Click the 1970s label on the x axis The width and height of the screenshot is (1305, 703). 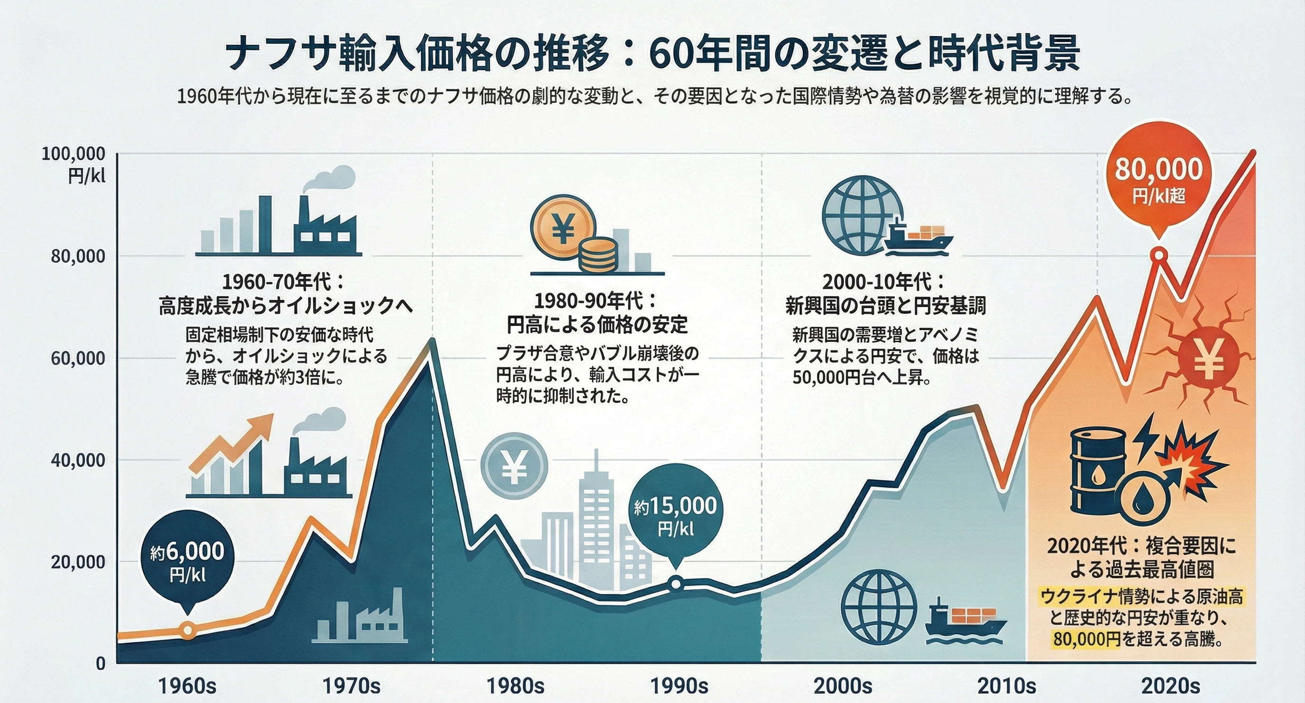[x=351, y=686]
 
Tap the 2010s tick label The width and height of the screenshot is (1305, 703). [x=1006, y=686]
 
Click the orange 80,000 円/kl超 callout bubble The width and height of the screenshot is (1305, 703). [x=1158, y=180]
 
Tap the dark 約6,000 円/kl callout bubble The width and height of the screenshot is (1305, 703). [x=187, y=560]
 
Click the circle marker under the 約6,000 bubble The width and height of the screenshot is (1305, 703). [x=188, y=630]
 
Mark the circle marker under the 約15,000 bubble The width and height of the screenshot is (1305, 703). [x=676, y=584]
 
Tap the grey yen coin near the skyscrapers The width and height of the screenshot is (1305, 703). [x=514, y=466]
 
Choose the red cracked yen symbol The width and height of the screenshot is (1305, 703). [x=1209, y=358]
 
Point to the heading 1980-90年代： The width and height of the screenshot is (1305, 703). [x=596, y=301]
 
